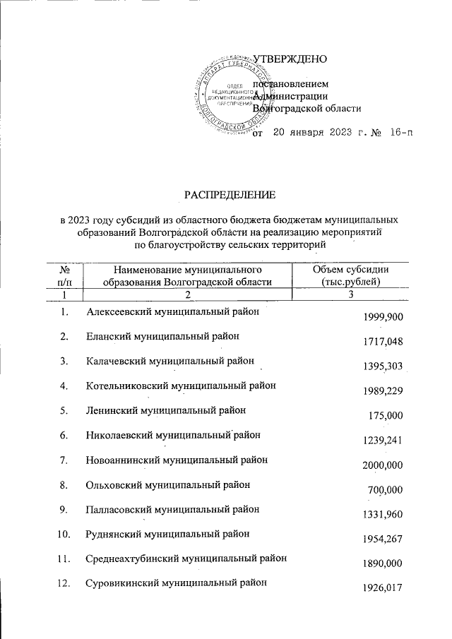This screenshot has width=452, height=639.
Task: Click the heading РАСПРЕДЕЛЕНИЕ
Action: point(230,193)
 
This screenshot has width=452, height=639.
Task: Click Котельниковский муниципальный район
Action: point(181,386)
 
